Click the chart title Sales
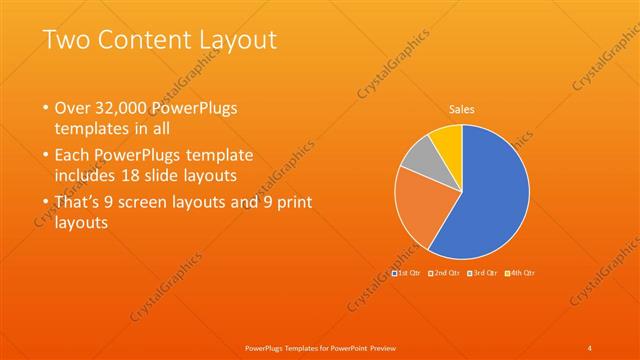click(461, 109)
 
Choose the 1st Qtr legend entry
click(407, 272)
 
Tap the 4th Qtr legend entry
click(520, 272)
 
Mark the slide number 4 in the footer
click(590, 347)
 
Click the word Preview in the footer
click(377, 347)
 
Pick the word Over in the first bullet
click(75, 108)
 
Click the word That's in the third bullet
click(81, 202)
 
